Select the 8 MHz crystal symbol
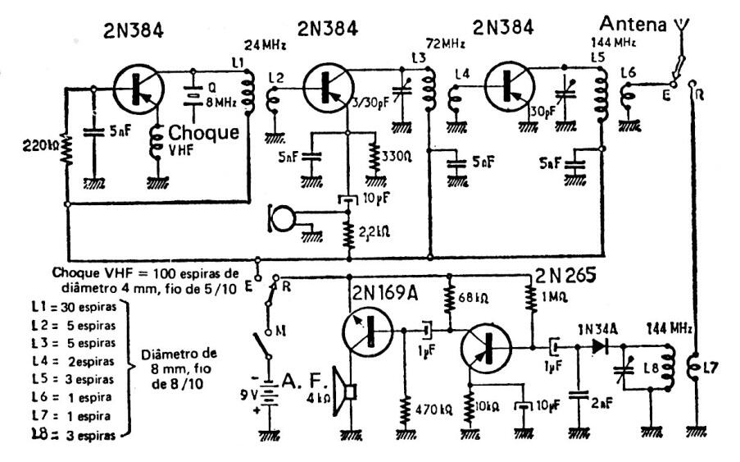click(195, 95)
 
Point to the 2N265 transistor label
click(566, 273)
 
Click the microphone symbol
click(283, 217)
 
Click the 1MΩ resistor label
click(556, 298)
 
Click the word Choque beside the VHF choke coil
click(203, 133)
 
